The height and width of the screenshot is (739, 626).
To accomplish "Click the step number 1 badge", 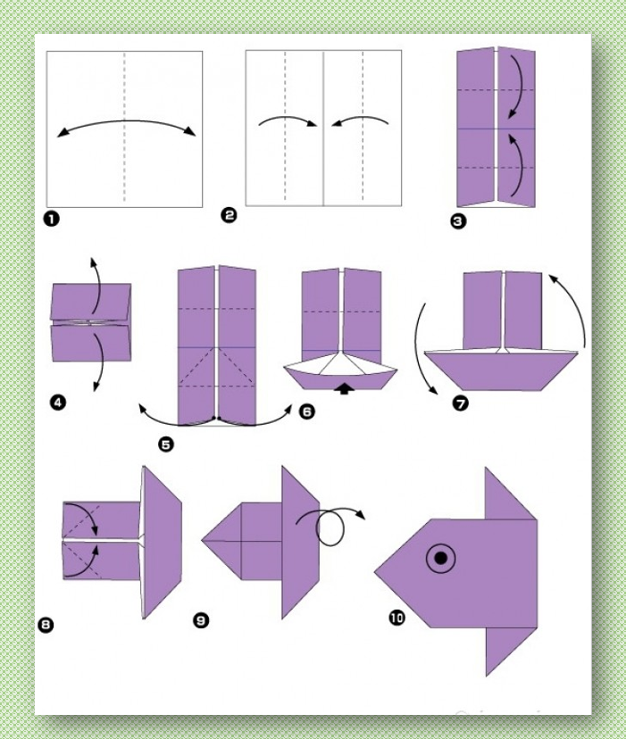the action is click(x=52, y=219).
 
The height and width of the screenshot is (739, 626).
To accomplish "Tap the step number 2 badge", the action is click(x=229, y=215).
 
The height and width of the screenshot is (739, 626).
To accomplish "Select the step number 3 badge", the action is click(x=458, y=220).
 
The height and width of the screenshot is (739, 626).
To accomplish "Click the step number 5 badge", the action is click(x=165, y=444).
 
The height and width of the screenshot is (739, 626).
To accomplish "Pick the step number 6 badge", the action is click(x=306, y=411).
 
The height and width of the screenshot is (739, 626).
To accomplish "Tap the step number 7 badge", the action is click(x=461, y=403).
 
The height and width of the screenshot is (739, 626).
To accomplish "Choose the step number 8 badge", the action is click(x=46, y=625).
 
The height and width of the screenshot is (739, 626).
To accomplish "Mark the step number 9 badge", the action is click(x=201, y=620).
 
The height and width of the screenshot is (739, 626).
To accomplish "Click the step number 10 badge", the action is click(x=397, y=618).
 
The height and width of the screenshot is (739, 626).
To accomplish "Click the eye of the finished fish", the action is click(x=440, y=558).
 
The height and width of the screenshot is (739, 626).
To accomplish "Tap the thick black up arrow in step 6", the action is click(x=345, y=388).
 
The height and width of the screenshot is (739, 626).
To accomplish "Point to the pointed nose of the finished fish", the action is click(x=375, y=572).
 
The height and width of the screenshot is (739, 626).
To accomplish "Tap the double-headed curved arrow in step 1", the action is click(x=127, y=121).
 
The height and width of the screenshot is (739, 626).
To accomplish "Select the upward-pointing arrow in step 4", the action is click(x=97, y=285).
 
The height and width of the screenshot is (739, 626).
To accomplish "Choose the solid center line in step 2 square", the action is click(x=323, y=129).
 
